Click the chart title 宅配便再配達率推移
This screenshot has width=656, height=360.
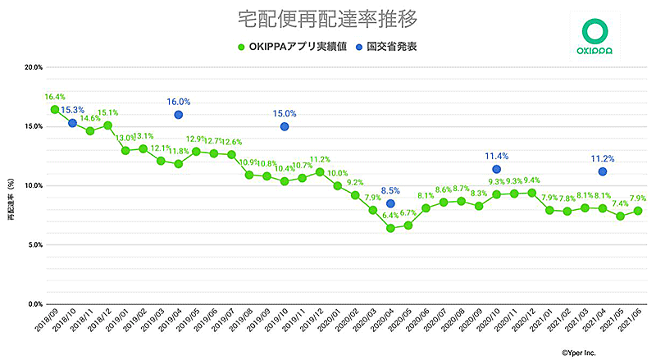pos(327,16)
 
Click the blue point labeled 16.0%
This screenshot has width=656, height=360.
pos(178,115)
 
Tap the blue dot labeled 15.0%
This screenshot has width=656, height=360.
pos(284,126)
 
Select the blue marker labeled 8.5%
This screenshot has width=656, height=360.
pos(390,203)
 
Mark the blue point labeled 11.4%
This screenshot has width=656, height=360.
pos(496,170)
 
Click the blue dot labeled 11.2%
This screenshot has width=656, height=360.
pos(603,171)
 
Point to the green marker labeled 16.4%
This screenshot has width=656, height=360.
pos(54,110)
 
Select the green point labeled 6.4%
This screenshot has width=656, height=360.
pos(390,228)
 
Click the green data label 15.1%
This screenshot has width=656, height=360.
pos(108,113)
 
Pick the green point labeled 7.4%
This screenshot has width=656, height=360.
pos(620,216)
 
